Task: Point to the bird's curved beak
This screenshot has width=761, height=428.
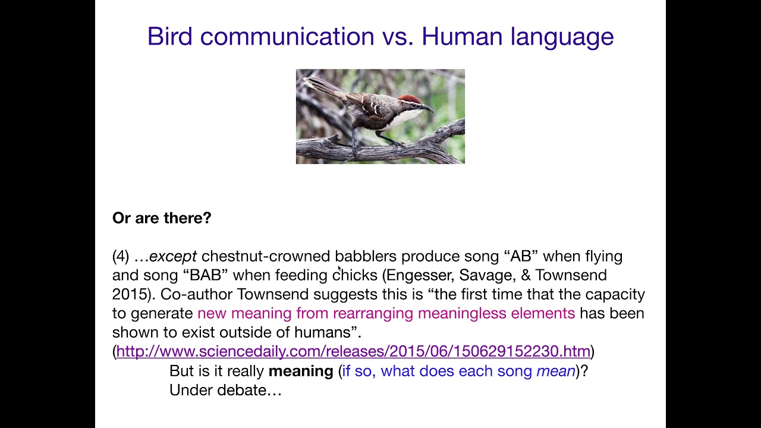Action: pyautogui.click(x=427, y=108)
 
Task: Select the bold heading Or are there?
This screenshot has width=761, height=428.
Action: pyautogui.click(x=162, y=218)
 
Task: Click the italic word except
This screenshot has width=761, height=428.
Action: pyautogui.click(x=173, y=256)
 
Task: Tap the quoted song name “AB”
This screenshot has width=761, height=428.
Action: pyautogui.click(x=521, y=256)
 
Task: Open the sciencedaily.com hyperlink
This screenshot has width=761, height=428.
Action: pyautogui.click(x=353, y=351)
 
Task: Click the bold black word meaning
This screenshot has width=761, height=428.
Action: pyautogui.click(x=301, y=371)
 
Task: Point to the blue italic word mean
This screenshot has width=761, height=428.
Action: pyautogui.click(x=556, y=371)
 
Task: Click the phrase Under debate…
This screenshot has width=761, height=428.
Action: pyautogui.click(x=225, y=390)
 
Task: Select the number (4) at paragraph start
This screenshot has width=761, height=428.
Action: pyautogui.click(x=121, y=256)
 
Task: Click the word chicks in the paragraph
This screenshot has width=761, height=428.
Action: pyautogui.click(x=355, y=275)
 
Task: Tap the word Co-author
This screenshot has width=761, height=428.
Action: pyautogui.click(x=196, y=294)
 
